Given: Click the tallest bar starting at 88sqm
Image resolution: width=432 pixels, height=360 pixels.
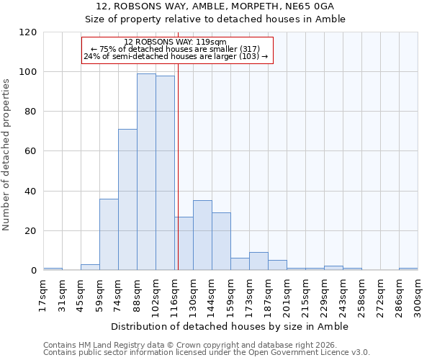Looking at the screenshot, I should pos(146,172).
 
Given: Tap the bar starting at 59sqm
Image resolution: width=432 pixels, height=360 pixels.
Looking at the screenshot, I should pos(109,235).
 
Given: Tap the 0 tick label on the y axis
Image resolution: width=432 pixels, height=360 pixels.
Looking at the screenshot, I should pos(35,271).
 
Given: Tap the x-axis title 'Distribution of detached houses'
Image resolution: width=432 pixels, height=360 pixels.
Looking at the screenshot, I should pos(230,327).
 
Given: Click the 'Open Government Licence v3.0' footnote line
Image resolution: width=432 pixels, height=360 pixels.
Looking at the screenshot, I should pos(207,353).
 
